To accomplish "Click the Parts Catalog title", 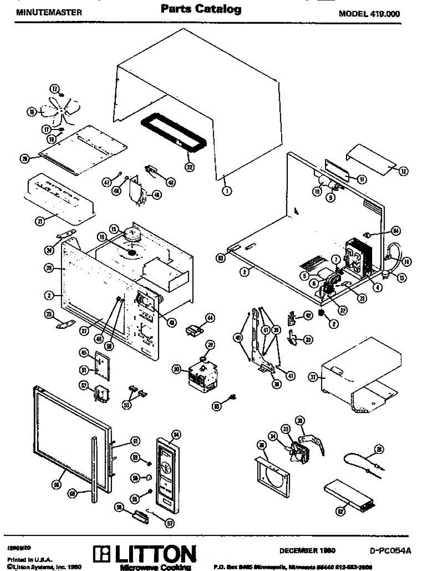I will pyautogui.click(x=201, y=10).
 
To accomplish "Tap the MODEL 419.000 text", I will pyautogui.click(x=369, y=14).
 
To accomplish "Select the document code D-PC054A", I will pyautogui.click(x=390, y=551).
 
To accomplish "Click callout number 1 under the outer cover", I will pyautogui.click(x=226, y=191).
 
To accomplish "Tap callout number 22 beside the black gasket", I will pyautogui.click(x=190, y=167).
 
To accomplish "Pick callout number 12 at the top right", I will pyautogui.click(x=403, y=170).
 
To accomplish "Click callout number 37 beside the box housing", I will pyautogui.click(x=313, y=377).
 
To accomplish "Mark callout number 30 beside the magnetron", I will pyautogui.click(x=177, y=369).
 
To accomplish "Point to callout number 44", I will pyautogui.click(x=210, y=317).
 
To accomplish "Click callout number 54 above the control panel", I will pyautogui.click(x=176, y=434).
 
